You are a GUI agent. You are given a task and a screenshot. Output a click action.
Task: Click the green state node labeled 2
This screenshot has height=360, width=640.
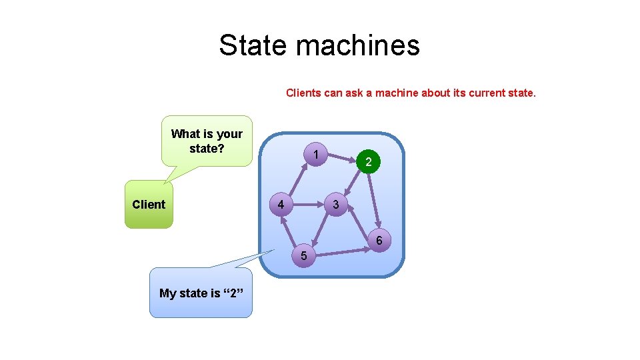pyautogui.click(x=368, y=162)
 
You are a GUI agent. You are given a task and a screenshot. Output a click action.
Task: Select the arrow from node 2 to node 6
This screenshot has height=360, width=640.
pyautogui.click(x=373, y=200)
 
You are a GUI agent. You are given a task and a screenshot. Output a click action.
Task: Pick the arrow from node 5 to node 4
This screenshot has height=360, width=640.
pyautogui.click(x=290, y=229)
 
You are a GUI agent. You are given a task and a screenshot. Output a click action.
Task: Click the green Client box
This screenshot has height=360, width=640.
pyautogui.click(x=149, y=205)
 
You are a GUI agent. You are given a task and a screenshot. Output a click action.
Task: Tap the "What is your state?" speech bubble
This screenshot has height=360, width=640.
pyautogui.click(x=207, y=141)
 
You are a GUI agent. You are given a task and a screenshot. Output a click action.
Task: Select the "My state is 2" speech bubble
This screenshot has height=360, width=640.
pyautogui.click(x=201, y=293)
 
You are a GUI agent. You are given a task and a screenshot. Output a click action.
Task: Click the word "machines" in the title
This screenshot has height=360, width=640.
pyautogui.click(x=357, y=45)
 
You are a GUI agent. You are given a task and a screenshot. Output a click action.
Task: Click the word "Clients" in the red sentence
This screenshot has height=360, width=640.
pyautogui.click(x=304, y=93)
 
